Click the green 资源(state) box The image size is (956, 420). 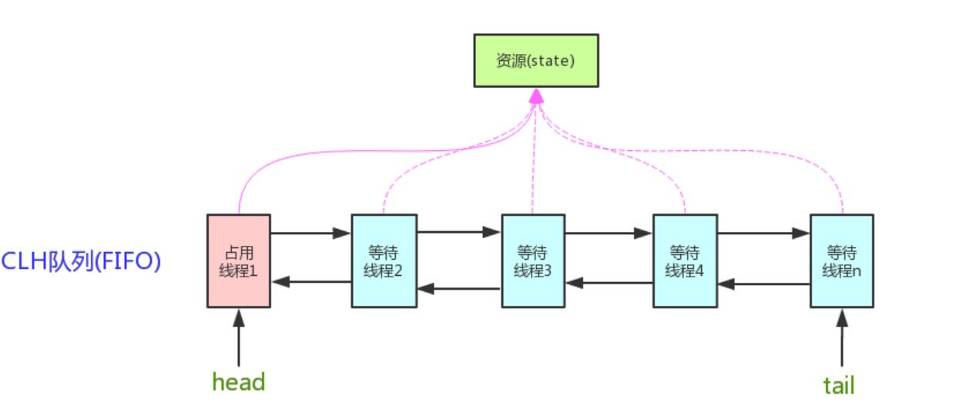coord(535,60)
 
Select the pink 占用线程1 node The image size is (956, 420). coord(239,260)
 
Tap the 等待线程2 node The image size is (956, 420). coord(384,260)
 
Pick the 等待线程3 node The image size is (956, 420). coord(532,260)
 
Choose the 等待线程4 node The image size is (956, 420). coord(685,260)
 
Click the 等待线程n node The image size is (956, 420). coord(841,260)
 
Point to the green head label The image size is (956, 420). coord(239,381)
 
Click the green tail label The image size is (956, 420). coord(839,385)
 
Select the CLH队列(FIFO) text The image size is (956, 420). coord(81,261)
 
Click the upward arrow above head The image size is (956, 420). coord(239,337)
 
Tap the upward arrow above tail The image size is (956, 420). coord(841,337)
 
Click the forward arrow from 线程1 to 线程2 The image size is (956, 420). coord(310,233)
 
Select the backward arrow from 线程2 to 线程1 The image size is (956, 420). coord(311,282)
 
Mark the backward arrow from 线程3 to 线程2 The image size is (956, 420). coord(459,289)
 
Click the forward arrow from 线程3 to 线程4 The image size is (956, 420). coord(609,233)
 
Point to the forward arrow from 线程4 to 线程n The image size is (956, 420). coord(763,233)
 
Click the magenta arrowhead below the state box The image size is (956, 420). coord(536,96)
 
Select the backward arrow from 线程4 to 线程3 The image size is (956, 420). coord(609,283)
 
